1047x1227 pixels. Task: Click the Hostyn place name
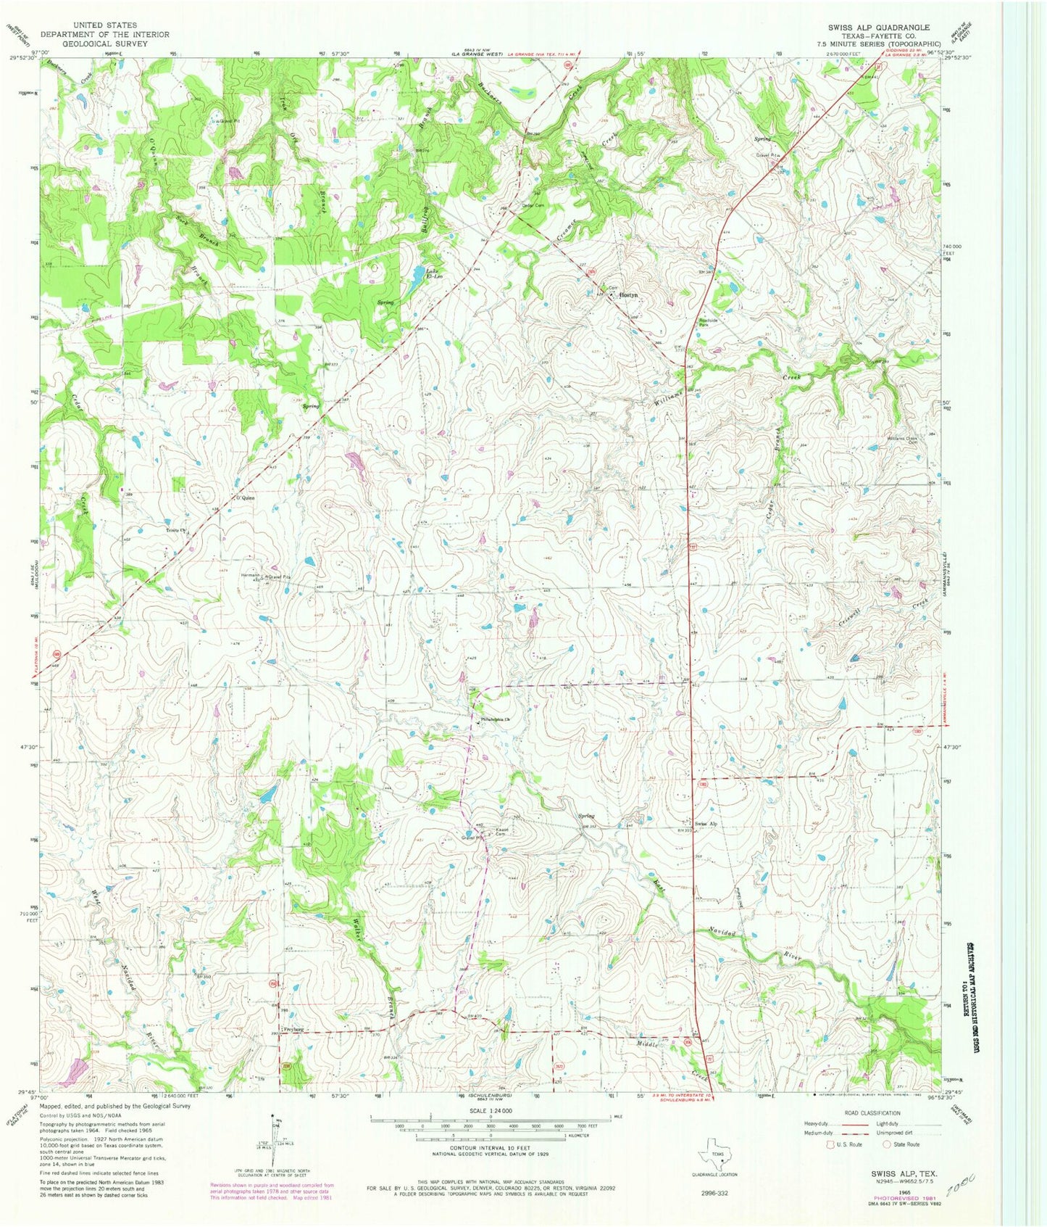pos(627,296)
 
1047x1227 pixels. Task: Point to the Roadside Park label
pos(708,323)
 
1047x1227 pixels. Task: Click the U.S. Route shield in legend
pos(830,1144)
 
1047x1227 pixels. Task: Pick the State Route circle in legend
pos(886,1144)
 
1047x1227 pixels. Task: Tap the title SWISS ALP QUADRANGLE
pos(879,28)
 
